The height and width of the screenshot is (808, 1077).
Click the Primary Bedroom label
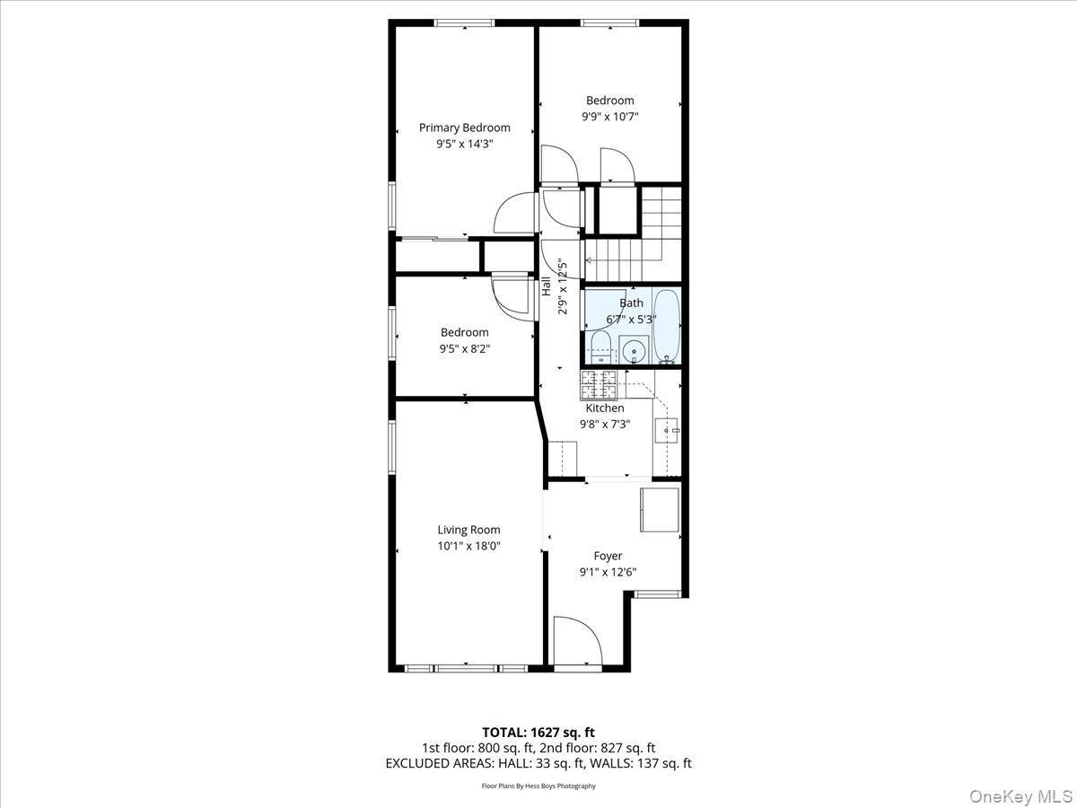tap(464, 127)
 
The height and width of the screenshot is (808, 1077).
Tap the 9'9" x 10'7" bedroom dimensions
tap(609, 117)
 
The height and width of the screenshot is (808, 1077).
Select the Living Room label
tap(468, 530)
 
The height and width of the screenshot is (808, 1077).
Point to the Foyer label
tap(608, 556)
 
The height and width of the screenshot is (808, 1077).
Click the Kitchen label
tap(604, 408)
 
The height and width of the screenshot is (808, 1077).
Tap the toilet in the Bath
tap(600, 346)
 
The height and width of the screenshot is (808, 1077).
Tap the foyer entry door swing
tap(577, 643)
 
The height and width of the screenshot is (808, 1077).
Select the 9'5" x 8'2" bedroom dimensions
tap(464, 349)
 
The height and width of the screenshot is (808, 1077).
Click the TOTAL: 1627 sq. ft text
tap(538, 732)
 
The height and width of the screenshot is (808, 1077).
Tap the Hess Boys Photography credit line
tap(538, 786)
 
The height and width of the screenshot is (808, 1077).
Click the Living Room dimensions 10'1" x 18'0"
tap(468, 545)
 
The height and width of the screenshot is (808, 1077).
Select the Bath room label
tap(631, 303)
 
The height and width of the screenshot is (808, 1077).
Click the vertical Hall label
tap(546, 286)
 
